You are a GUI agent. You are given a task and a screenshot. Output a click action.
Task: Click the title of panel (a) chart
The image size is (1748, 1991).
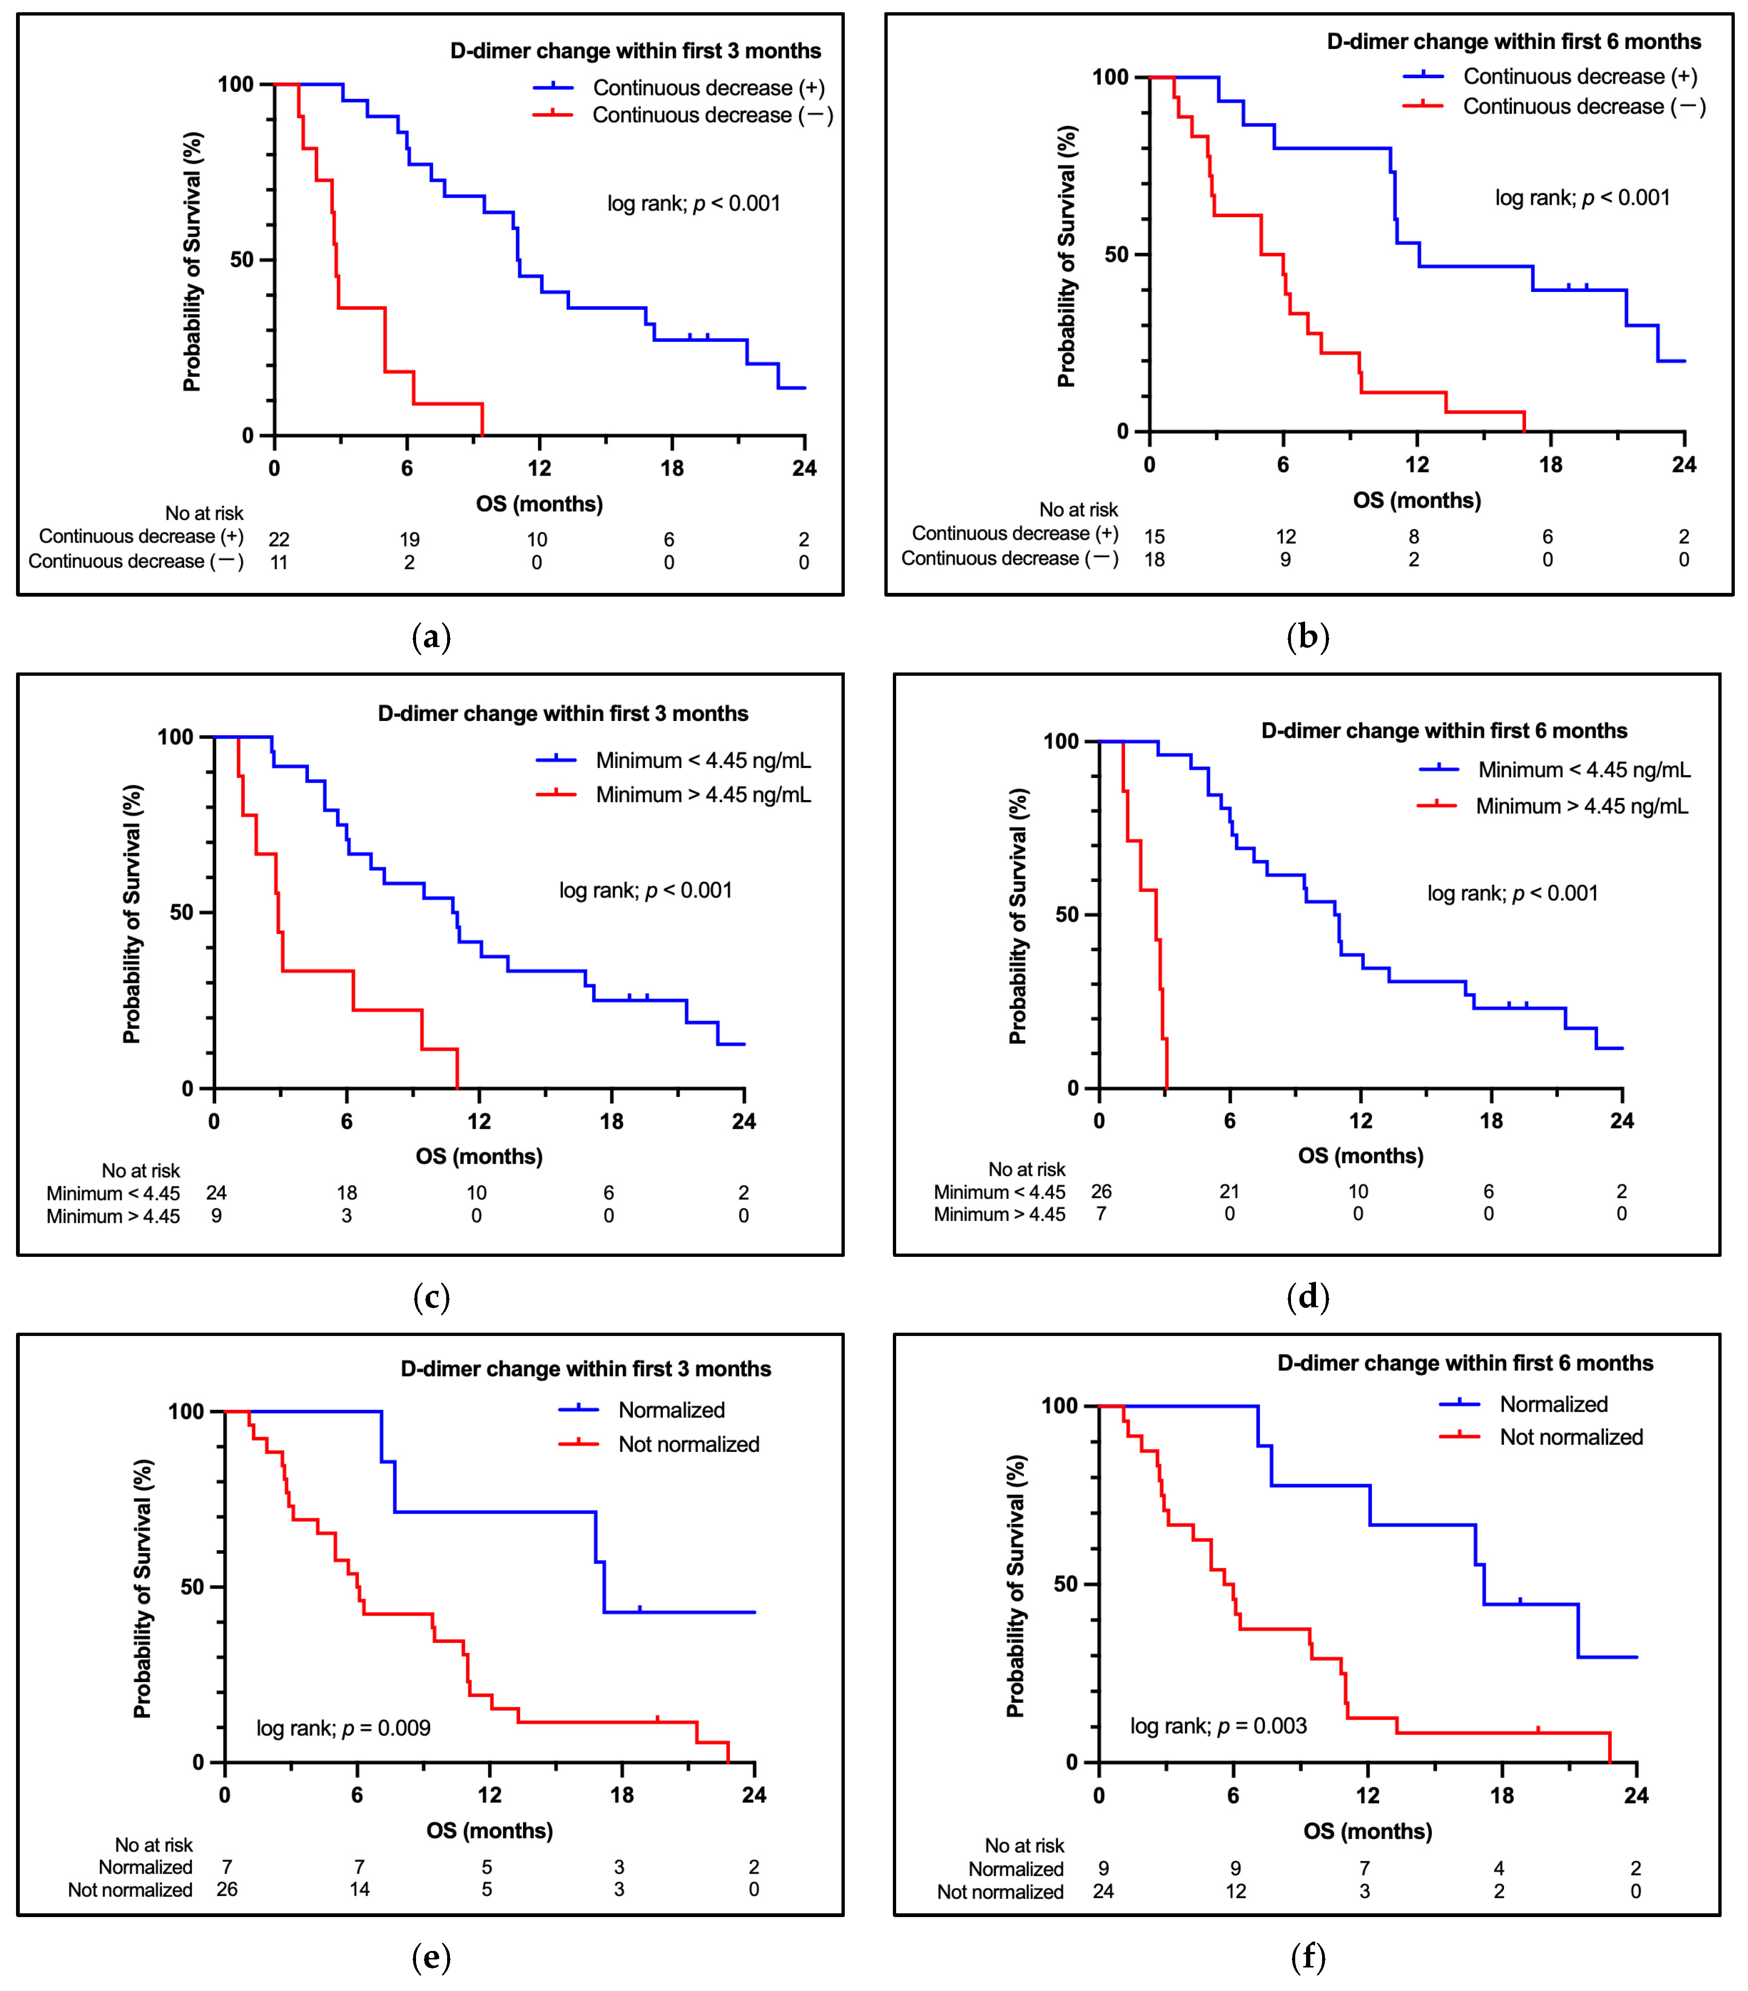point(635,51)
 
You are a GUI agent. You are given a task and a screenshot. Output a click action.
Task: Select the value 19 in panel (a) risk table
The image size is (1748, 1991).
point(409,540)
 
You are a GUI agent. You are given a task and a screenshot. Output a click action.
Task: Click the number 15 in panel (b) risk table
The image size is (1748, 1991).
point(1155,537)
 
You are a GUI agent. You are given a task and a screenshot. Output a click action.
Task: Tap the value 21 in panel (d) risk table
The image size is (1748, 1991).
point(1230,1191)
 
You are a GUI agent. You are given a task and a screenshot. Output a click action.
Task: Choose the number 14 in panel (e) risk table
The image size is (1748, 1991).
point(359,1890)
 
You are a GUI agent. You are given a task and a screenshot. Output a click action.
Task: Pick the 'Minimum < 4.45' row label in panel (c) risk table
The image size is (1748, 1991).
point(113,1193)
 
